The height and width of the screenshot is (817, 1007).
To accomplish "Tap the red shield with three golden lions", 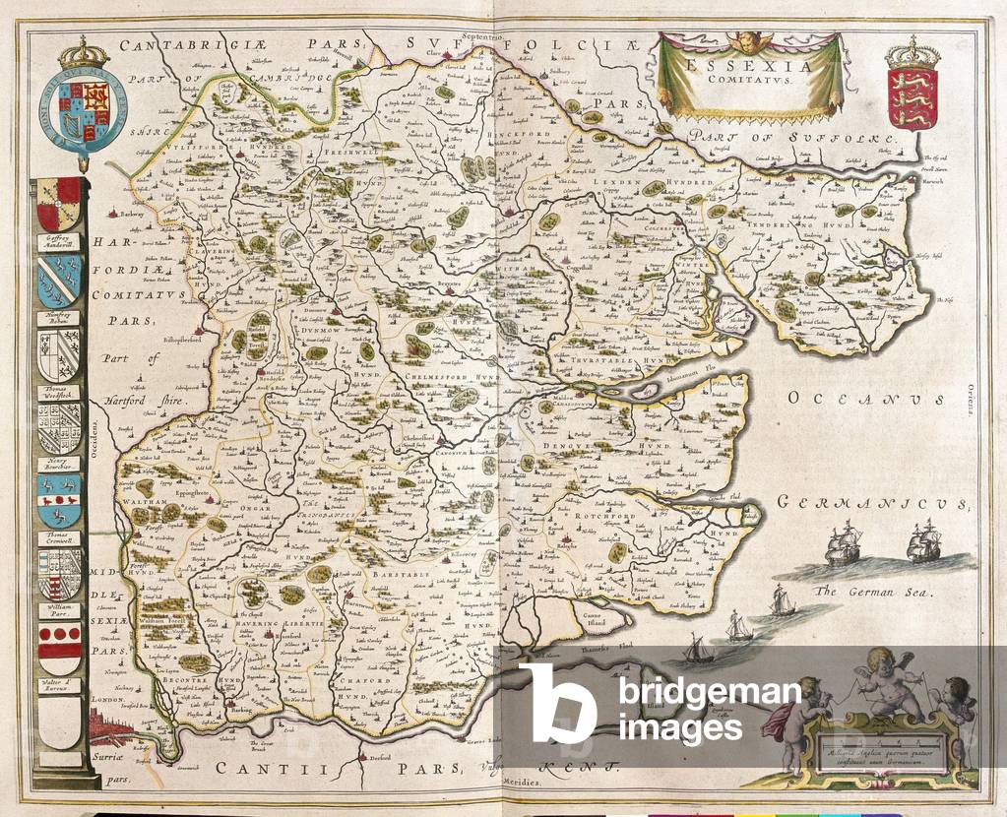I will point(912,97).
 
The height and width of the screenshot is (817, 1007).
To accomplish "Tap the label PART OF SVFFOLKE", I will point(793,138).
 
